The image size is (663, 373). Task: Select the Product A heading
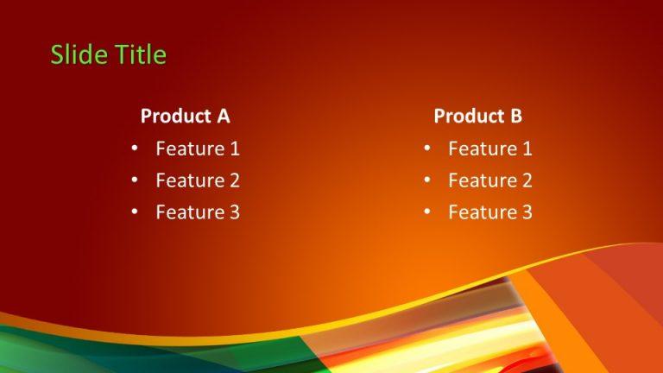(185, 116)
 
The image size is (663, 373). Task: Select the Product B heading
(477, 116)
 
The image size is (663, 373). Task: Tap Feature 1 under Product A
(197, 149)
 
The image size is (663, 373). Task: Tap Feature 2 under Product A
(197, 180)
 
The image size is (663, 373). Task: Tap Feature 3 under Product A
(197, 212)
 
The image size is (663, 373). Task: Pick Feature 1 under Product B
(489, 149)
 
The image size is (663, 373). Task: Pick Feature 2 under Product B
(489, 180)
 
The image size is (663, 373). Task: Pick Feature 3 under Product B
(489, 212)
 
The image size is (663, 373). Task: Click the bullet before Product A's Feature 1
(134, 149)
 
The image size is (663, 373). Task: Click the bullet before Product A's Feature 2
(134, 180)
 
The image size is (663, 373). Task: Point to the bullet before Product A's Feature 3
(134, 212)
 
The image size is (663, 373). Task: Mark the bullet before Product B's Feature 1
(426, 149)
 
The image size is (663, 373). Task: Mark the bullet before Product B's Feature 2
(426, 180)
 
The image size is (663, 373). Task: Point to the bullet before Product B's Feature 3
(426, 212)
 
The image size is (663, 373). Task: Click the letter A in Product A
(223, 116)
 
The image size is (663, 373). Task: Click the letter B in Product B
(516, 116)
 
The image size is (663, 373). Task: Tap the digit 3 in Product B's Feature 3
(527, 212)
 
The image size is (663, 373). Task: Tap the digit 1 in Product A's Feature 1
(234, 149)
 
